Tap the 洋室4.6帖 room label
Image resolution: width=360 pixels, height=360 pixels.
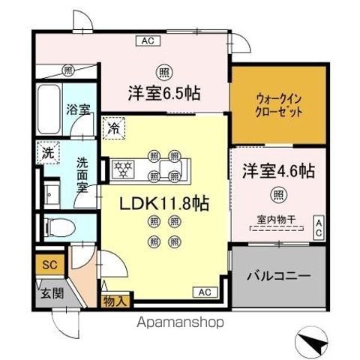click(277, 171)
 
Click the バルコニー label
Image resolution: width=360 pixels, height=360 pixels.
click(278, 276)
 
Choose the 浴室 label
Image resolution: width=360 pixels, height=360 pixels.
click(79, 109)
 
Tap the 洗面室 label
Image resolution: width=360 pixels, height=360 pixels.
click(83, 172)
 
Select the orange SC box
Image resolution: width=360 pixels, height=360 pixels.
click(48, 264)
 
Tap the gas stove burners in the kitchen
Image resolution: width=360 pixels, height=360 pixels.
click(124, 168)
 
